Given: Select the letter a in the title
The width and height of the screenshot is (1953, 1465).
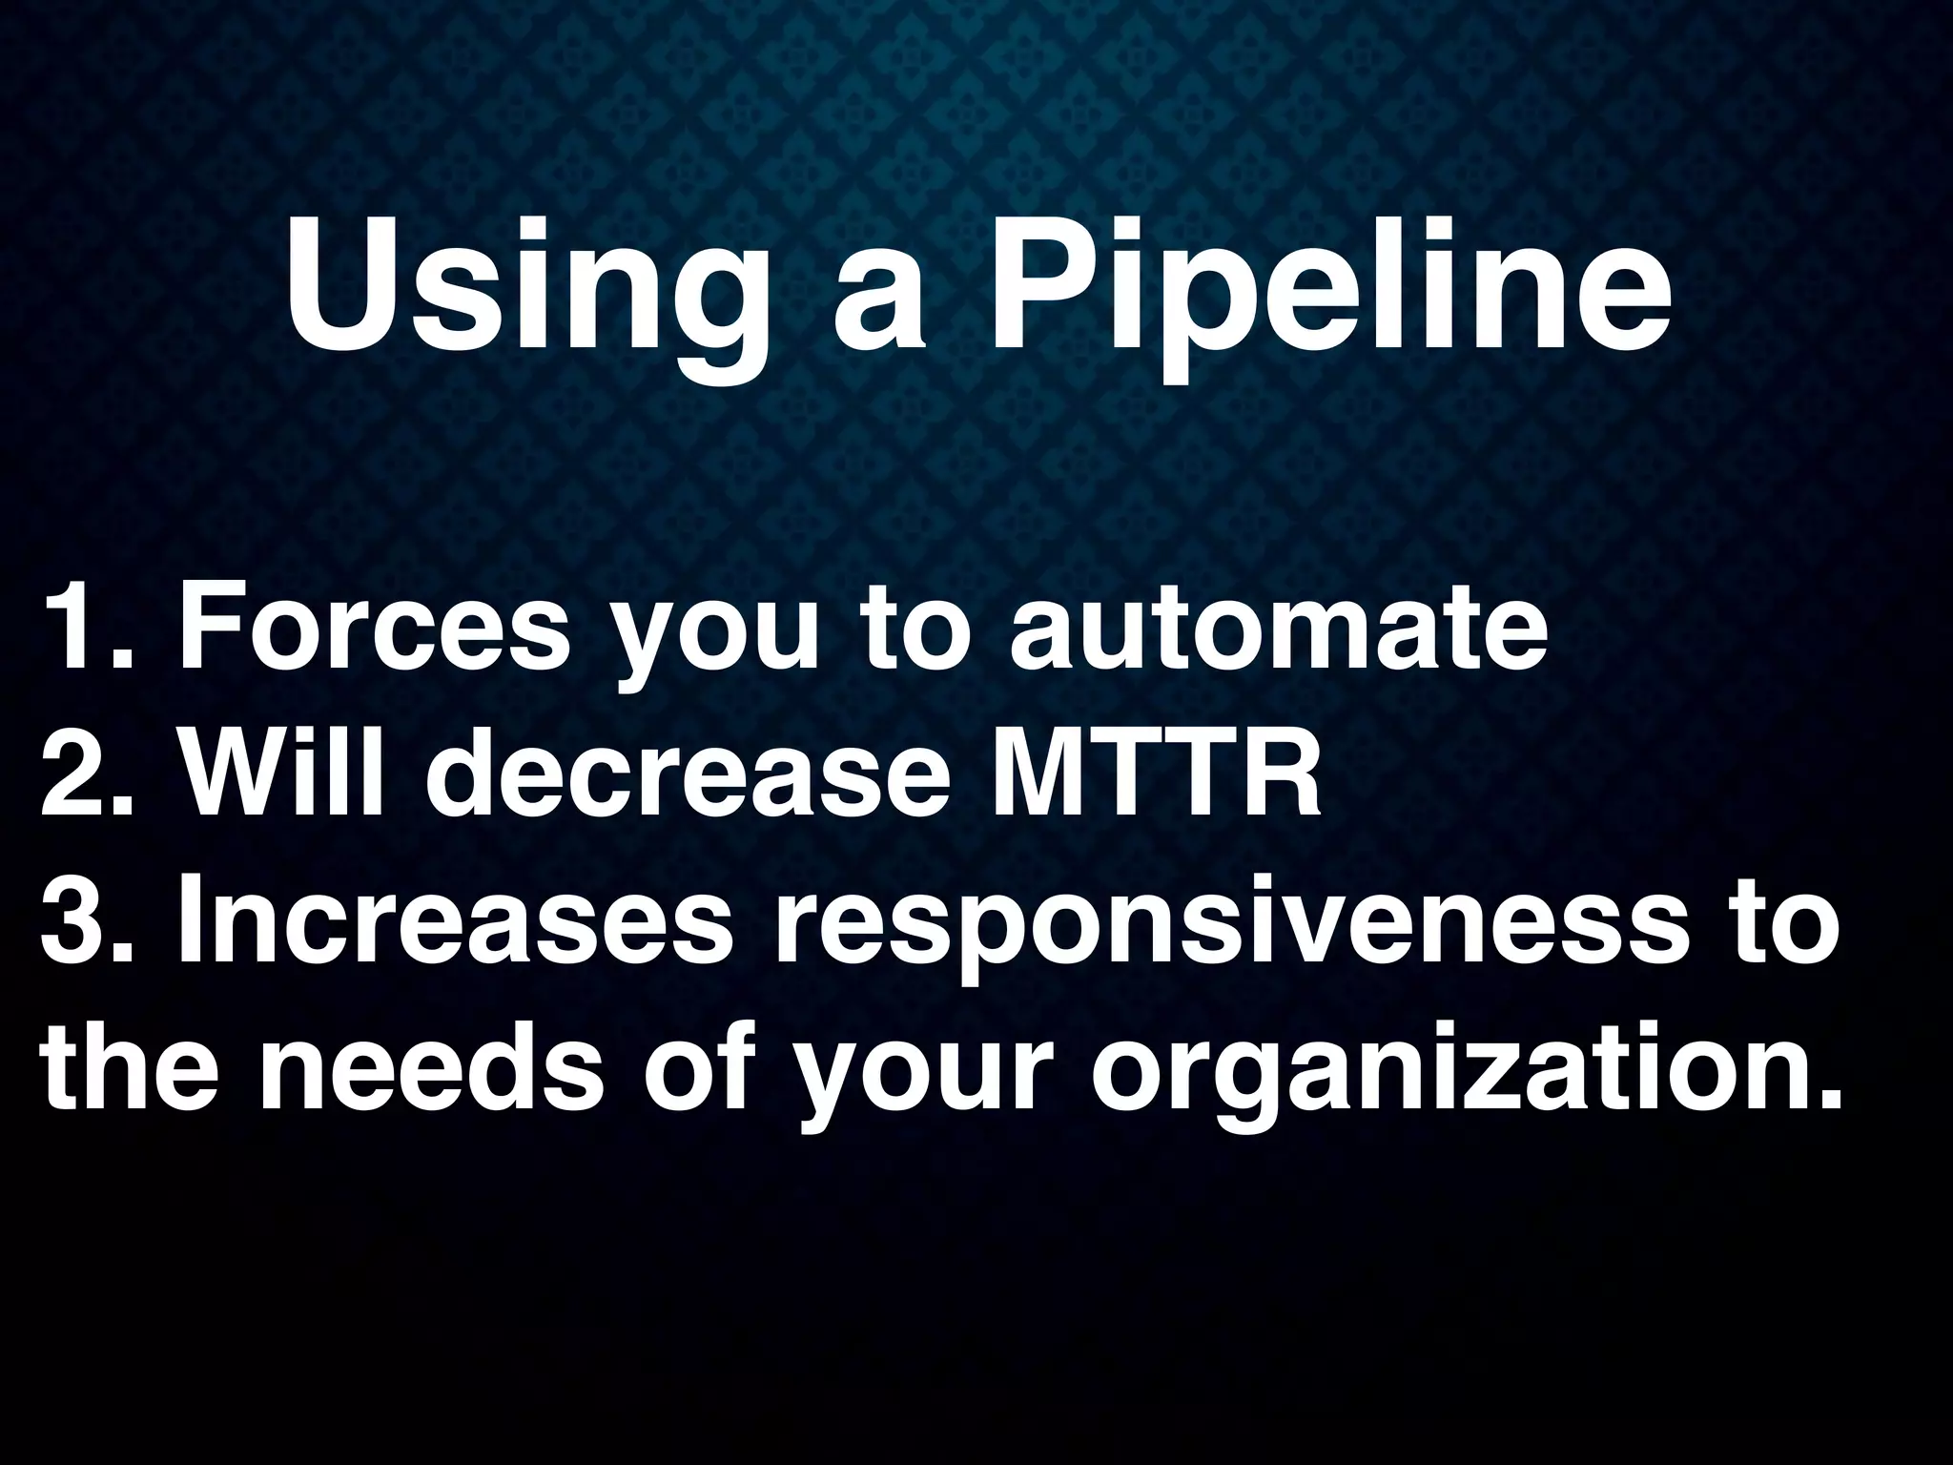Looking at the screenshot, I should point(879,305).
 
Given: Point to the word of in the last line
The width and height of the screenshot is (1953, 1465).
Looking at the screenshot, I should point(694,1063).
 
